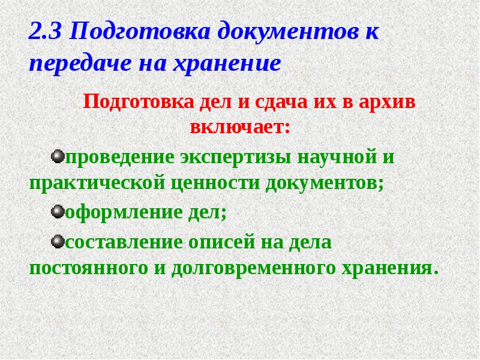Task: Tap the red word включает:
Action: tap(239, 127)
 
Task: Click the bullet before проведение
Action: tap(58, 156)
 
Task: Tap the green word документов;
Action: tap(322, 183)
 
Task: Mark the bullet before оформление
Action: tap(58, 211)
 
